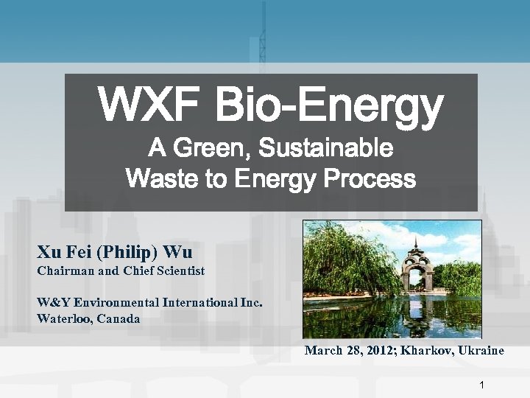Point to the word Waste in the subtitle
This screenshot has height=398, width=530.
[x=157, y=178]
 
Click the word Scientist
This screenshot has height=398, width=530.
[x=177, y=271]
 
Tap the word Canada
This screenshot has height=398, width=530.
[x=120, y=319]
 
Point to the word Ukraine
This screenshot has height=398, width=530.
[x=481, y=351]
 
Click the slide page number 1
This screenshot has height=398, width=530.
[x=481, y=385]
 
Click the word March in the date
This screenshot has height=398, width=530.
[x=324, y=351]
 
